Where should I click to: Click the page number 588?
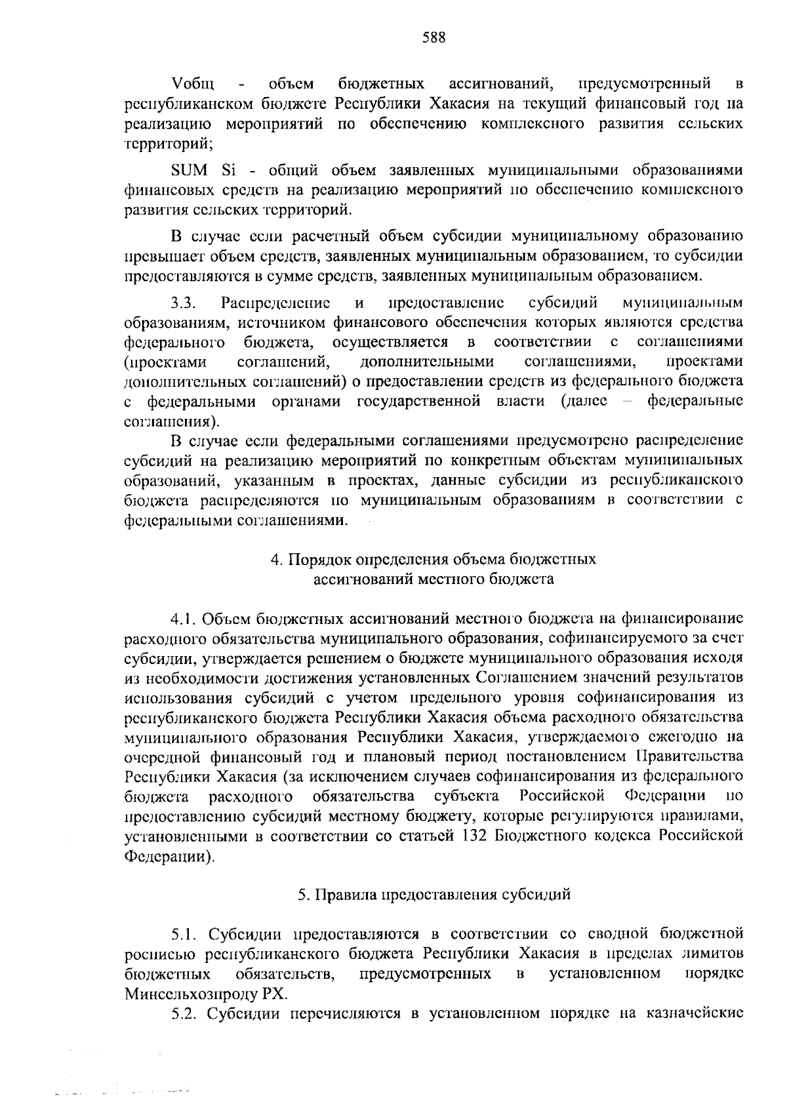tap(434, 37)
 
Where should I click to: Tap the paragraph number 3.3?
tap(184, 303)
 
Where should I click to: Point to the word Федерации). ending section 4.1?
tap(169, 856)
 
